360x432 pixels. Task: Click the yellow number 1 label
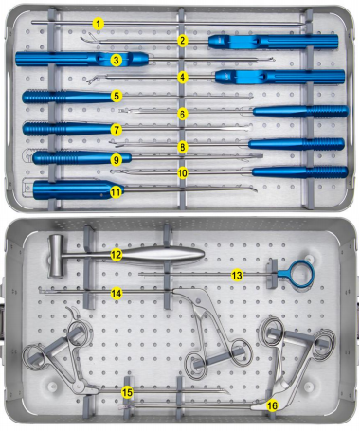click(x=99, y=24)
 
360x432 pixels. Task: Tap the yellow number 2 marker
click(x=183, y=41)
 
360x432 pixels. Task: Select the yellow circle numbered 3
click(x=117, y=60)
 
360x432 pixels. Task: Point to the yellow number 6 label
click(x=182, y=114)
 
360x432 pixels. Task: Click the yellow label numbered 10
click(x=183, y=172)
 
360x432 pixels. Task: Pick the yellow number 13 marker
click(x=237, y=276)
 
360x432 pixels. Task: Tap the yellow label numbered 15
click(x=127, y=392)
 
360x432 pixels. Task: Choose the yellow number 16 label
click(x=272, y=405)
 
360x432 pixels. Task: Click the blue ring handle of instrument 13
click(x=299, y=274)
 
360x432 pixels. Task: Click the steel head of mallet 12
click(x=56, y=257)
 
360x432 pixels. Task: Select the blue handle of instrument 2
click(x=273, y=42)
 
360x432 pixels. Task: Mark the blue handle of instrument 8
click(x=297, y=144)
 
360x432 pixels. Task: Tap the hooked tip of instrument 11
click(x=254, y=189)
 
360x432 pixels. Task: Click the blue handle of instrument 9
click(x=82, y=157)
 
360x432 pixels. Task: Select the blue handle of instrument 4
click(x=279, y=77)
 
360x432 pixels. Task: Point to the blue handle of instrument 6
click(x=300, y=111)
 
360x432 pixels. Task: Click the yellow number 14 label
click(x=117, y=294)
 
